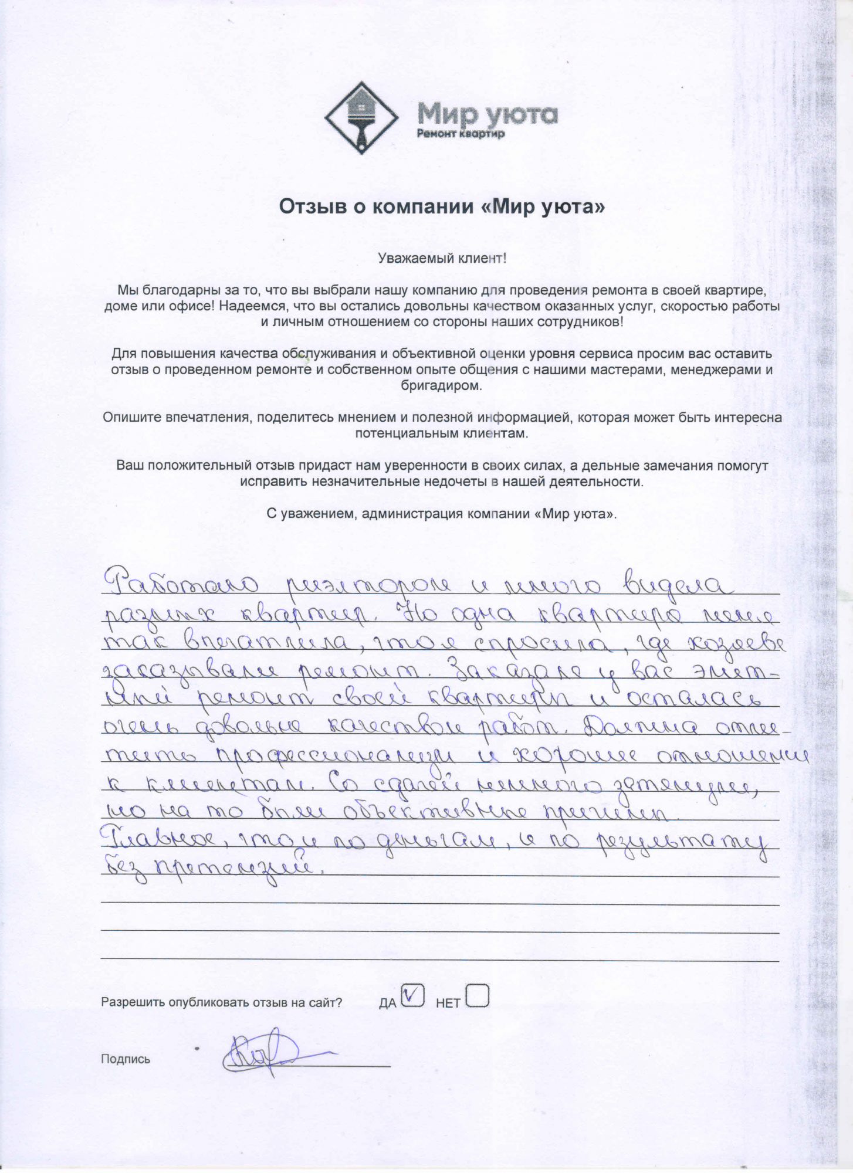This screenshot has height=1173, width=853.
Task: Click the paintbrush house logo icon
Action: click(361, 118)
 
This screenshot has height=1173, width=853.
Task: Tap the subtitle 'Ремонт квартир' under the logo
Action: click(461, 134)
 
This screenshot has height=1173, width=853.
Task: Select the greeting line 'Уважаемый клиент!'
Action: click(442, 258)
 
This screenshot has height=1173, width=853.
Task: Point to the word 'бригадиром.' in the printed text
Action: click(441, 386)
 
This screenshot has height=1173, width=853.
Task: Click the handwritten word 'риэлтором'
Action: click(369, 584)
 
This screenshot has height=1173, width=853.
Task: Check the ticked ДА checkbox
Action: click(413, 994)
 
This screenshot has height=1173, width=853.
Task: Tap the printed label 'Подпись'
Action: click(126, 1059)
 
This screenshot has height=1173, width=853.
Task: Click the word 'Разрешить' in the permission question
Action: click(133, 1002)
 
